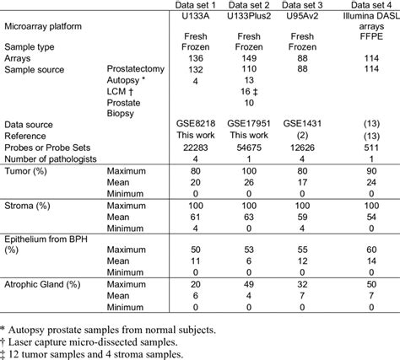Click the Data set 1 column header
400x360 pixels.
pyautogui.click(x=195, y=5)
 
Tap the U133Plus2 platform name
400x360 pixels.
pyautogui.click(x=249, y=16)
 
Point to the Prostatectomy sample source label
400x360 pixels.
pyautogui.click(x=138, y=72)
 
